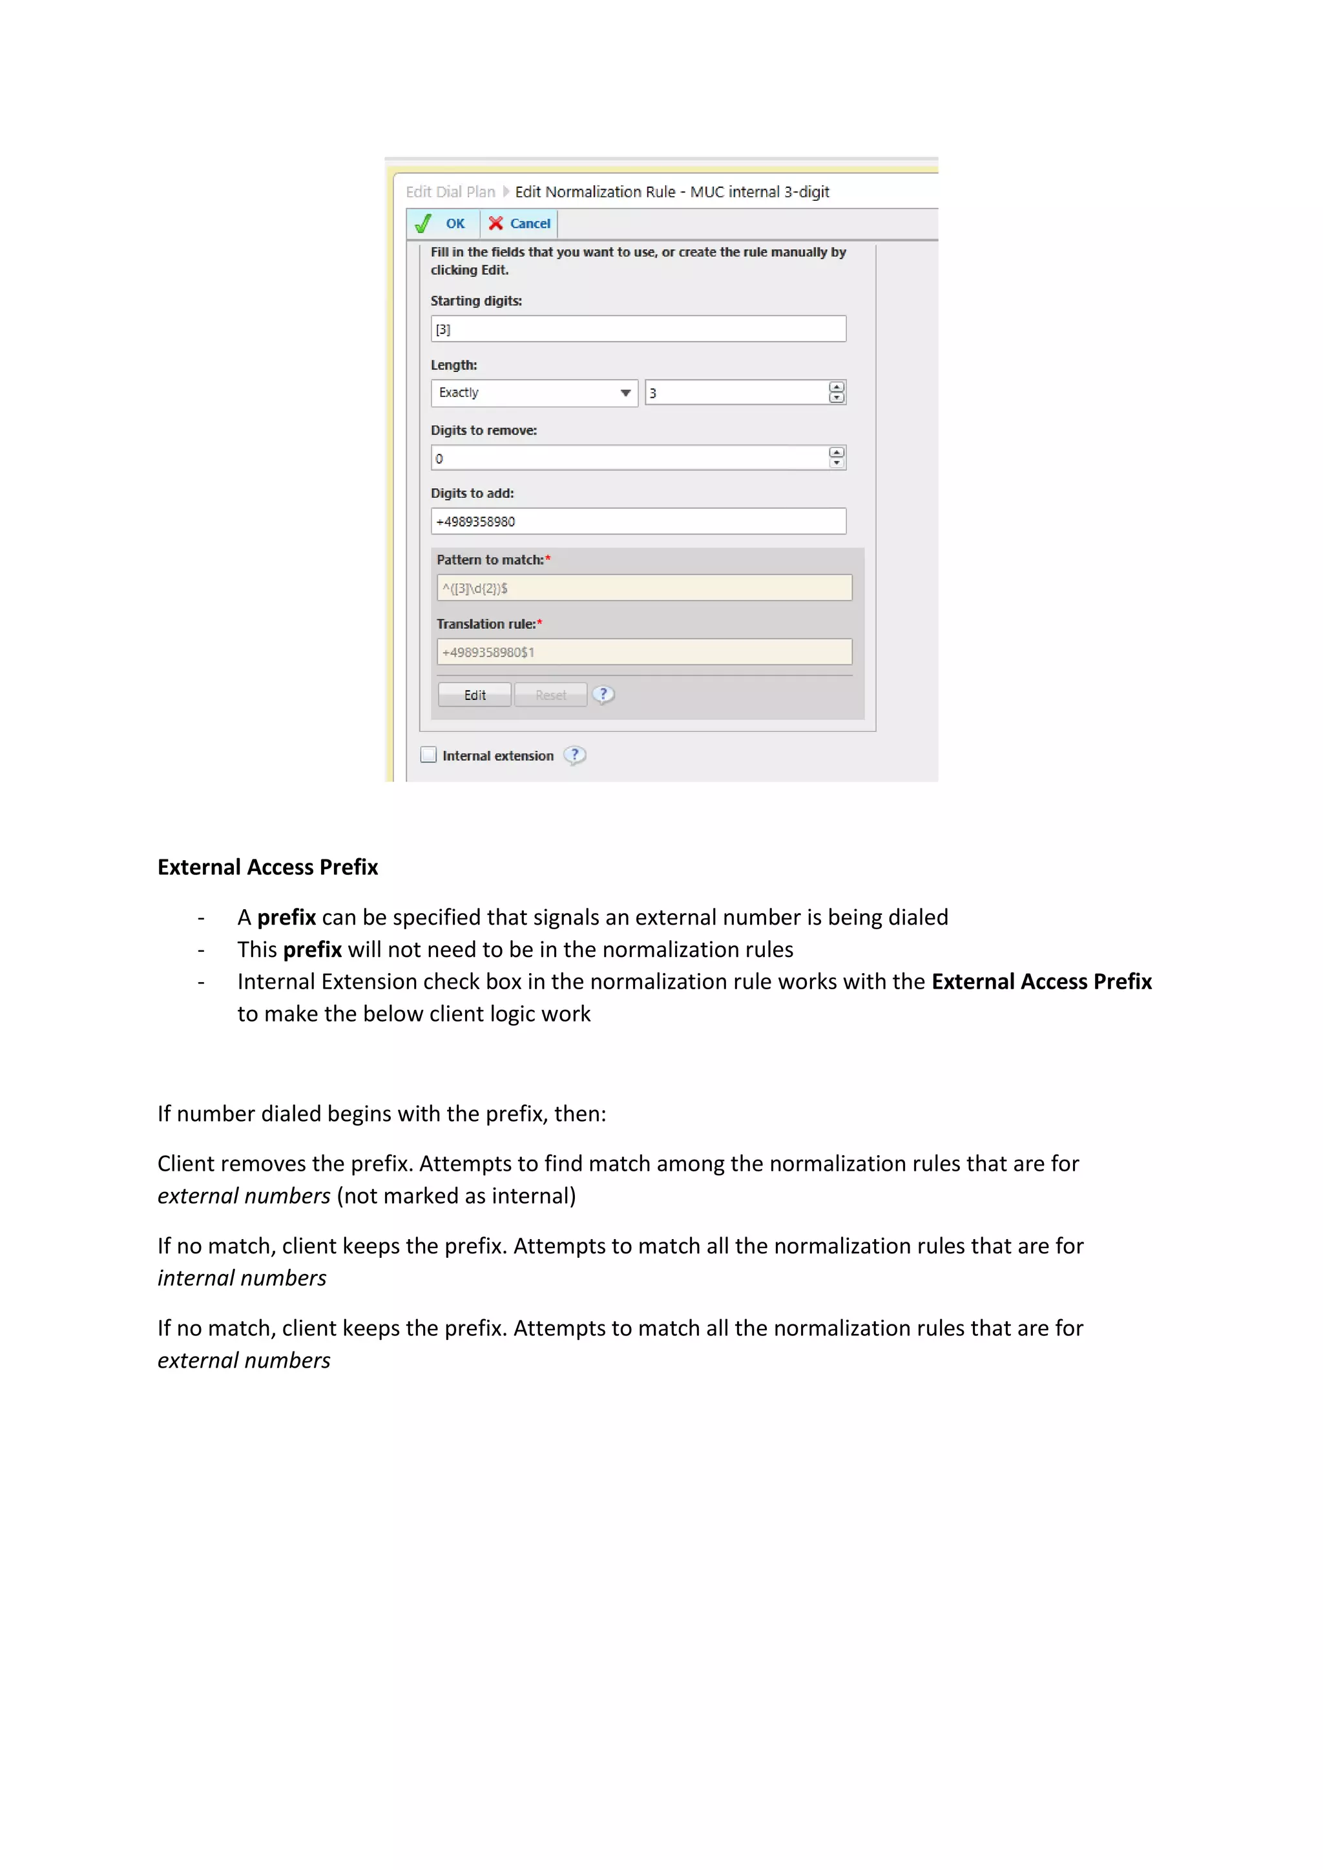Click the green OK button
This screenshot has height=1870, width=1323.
pos(443,223)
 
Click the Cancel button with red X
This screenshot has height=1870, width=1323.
pos(520,223)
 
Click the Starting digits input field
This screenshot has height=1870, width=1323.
pos(638,329)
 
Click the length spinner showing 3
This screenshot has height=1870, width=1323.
pos(736,393)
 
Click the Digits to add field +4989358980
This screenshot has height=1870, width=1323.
pos(638,521)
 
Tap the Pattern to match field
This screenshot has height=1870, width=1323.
pos(643,588)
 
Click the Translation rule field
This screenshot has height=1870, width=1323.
pos(643,652)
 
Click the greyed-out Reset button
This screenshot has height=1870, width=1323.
pos(550,695)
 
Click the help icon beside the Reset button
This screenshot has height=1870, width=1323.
pos(603,695)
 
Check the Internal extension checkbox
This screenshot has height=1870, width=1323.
pos(428,755)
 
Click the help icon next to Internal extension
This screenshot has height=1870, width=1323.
pos(574,755)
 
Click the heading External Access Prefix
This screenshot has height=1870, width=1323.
pos(267,867)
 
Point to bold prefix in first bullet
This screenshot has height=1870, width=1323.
pos(286,918)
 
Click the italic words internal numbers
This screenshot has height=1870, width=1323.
pos(242,1279)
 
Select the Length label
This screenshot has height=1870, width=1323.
pos(453,365)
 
